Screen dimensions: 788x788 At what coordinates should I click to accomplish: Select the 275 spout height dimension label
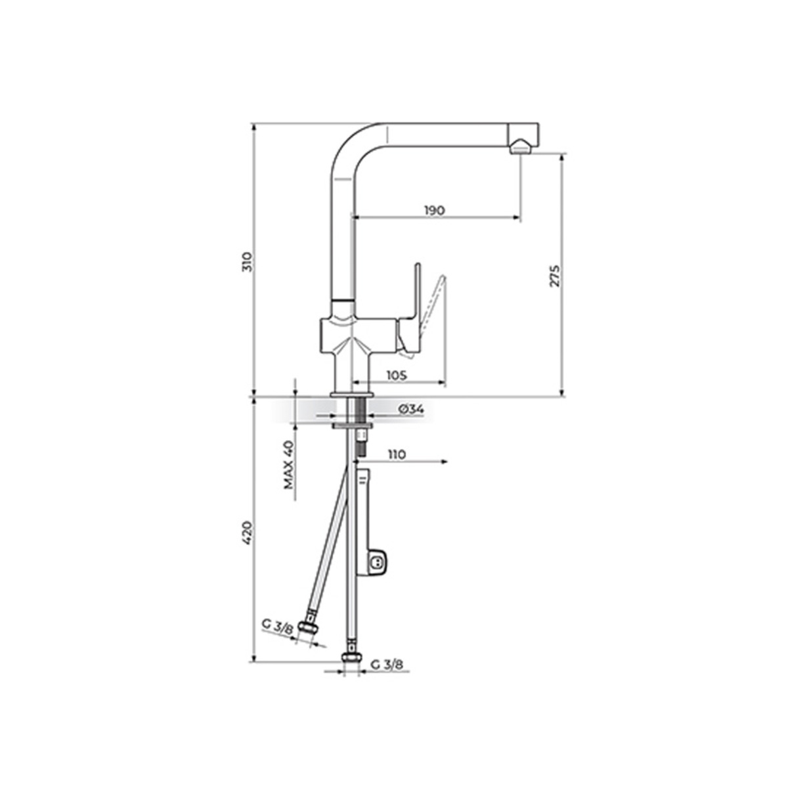(554, 276)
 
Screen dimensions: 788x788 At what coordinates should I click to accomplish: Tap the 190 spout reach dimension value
(434, 211)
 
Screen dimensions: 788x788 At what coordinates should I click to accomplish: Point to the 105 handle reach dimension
(397, 375)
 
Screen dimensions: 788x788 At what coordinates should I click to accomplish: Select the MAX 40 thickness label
(289, 466)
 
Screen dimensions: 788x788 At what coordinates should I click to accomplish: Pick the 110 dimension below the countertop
(396, 454)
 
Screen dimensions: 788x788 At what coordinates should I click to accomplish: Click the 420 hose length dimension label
(248, 533)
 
